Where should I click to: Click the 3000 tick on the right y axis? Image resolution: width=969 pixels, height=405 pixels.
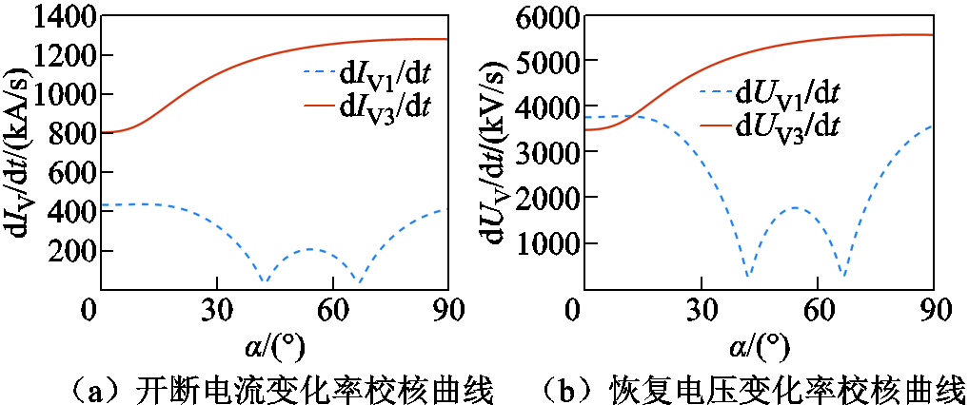click(544, 151)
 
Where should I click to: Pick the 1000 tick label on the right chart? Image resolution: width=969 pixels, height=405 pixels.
click(544, 242)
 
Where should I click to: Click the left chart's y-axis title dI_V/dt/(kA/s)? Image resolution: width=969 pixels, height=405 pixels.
click(20, 152)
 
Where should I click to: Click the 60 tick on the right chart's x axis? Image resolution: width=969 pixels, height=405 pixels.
click(818, 311)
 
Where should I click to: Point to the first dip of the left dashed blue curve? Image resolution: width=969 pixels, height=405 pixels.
click(265, 281)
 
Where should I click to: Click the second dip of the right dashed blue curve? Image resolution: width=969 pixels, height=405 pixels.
click(842, 276)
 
